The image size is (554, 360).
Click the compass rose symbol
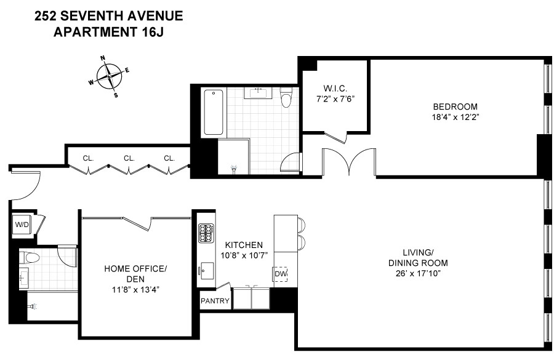109,77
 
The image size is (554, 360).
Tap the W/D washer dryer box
22,225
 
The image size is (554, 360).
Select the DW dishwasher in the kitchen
280,274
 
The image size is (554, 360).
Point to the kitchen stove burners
206,233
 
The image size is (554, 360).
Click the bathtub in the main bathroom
214,111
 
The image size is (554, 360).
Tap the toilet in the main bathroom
286,98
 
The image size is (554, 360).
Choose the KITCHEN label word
244,244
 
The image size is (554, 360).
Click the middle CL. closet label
129,158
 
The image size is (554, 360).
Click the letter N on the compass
103,58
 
